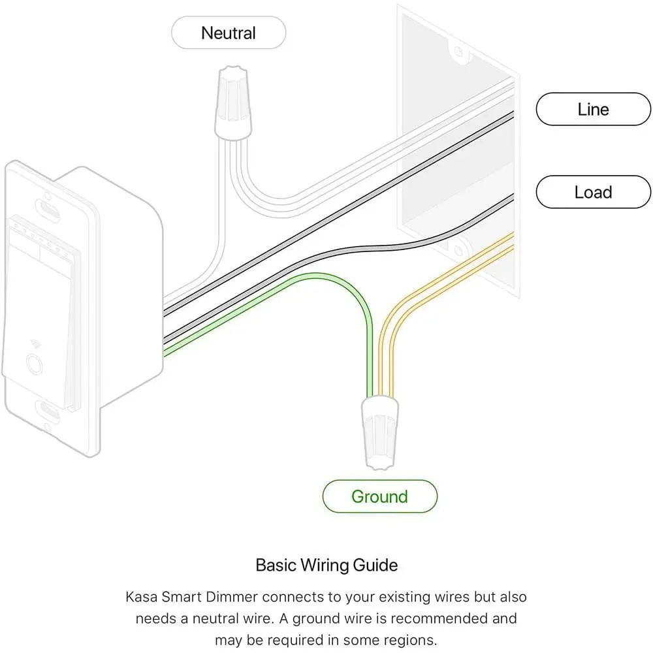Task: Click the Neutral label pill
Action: point(229,33)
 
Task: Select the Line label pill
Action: point(593,109)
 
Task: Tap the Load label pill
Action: point(593,192)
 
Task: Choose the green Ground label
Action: point(380,496)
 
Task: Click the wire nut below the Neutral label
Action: point(233,103)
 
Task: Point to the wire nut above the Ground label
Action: point(380,432)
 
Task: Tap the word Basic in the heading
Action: point(276,565)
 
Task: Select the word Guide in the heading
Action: point(375,565)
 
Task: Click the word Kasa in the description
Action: point(141,597)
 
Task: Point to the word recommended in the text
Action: point(439,618)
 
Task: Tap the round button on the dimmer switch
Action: point(34,364)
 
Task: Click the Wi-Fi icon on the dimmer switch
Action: point(36,344)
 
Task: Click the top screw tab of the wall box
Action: point(459,52)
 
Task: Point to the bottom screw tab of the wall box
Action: point(458,250)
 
